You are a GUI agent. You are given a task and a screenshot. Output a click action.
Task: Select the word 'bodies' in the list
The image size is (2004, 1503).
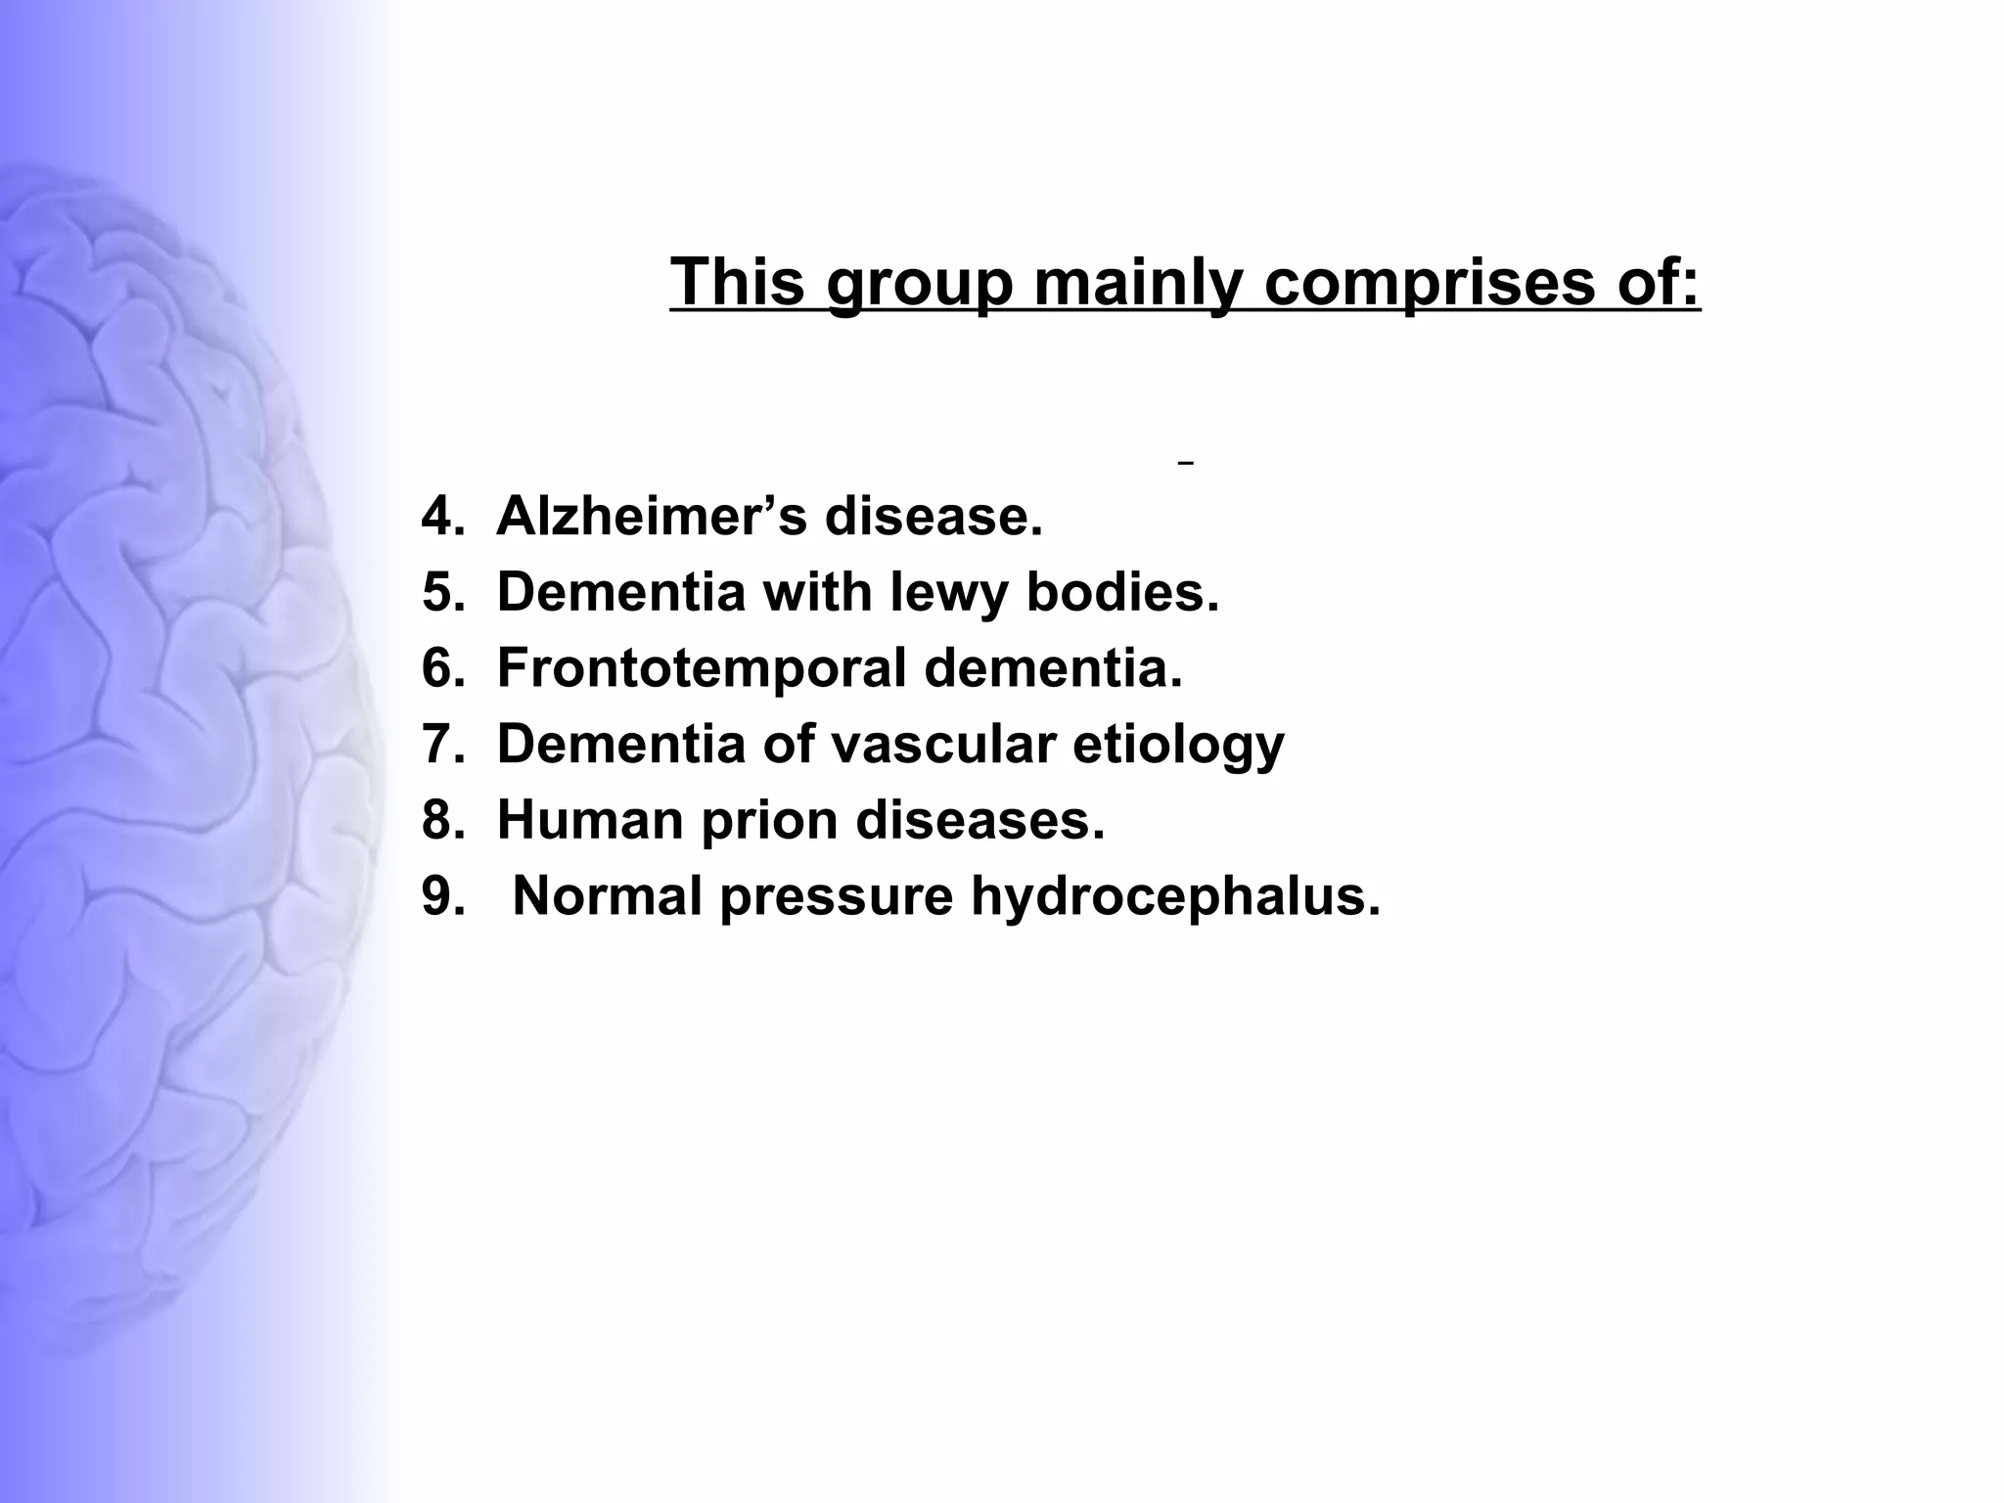(1121, 592)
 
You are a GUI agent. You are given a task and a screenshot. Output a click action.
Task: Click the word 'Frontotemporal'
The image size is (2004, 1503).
(702, 668)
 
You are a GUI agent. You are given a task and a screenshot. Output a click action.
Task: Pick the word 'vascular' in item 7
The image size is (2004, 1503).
(943, 744)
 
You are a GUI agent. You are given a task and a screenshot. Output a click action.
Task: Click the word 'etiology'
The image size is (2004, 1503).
(1178, 746)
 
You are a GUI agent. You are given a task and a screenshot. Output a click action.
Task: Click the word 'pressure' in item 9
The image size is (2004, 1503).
(836, 897)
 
